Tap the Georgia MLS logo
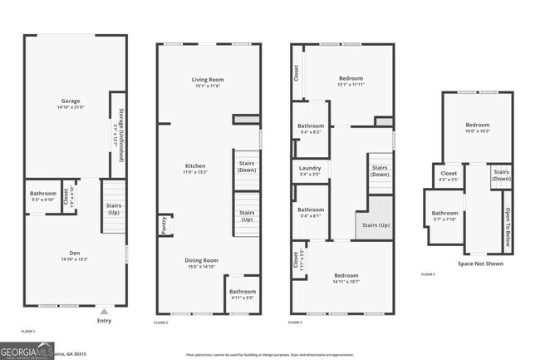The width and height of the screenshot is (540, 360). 27,350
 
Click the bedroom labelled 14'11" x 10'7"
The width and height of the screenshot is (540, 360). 346,278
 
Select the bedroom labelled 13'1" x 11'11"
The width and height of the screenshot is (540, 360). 351,81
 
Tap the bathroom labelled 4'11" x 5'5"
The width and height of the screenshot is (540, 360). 243,294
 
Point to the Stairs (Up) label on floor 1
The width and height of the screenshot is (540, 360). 114,209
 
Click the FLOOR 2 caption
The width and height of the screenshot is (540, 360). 161,323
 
